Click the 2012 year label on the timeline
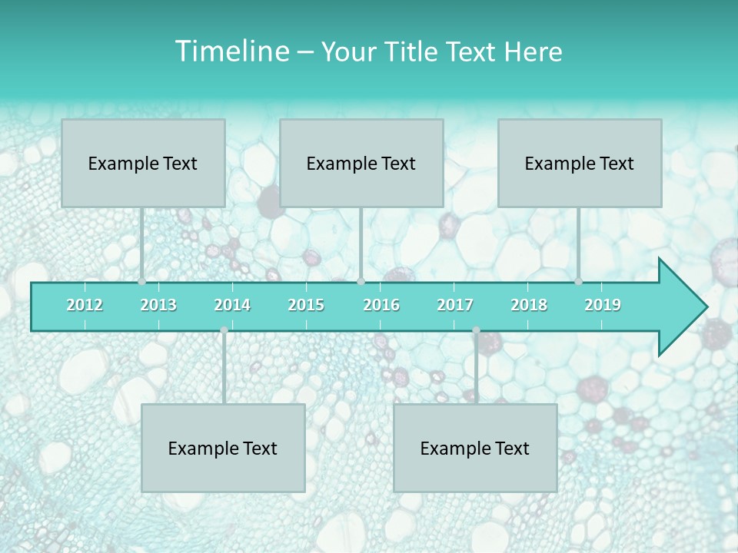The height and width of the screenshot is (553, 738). [85, 305]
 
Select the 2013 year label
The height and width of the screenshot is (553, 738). [158, 305]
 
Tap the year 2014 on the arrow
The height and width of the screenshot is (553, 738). [232, 305]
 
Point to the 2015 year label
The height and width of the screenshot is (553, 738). [306, 305]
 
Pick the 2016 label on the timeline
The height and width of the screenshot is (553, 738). [381, 305]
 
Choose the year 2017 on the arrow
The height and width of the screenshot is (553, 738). [455, 305]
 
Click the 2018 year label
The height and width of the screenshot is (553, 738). [529, 305]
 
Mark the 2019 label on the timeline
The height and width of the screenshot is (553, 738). [603, 305]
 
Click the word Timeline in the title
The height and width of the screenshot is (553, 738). [231, 51]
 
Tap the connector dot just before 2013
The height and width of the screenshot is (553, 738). [142, 282]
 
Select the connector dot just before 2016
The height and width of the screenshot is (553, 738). [361, 282]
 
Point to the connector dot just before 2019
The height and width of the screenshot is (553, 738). [578, 282]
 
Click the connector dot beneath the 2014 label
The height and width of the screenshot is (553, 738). [224, 330]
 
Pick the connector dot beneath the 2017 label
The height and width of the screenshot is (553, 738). [476, 330]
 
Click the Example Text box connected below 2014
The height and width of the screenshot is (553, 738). [223, 448]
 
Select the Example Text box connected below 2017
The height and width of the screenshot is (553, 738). [475, 448]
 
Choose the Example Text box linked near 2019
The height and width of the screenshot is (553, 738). [580, 163]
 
